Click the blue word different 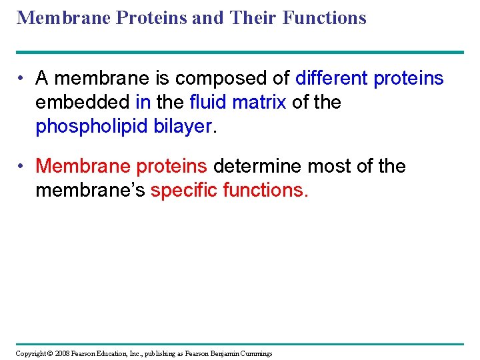tap(331, 78)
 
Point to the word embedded tap(83, 102)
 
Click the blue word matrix tap(259, 102)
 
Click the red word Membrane tap(83, 165)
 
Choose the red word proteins tap(172, 167)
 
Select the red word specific tap(184, 191)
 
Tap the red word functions tap(265, 190)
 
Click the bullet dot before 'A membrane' tap(21, 78)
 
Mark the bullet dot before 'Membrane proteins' tap(21, 166)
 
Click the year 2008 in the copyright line tap(62, 353)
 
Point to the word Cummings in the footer tap(256, 354)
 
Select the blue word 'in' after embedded tap(143, 102)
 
